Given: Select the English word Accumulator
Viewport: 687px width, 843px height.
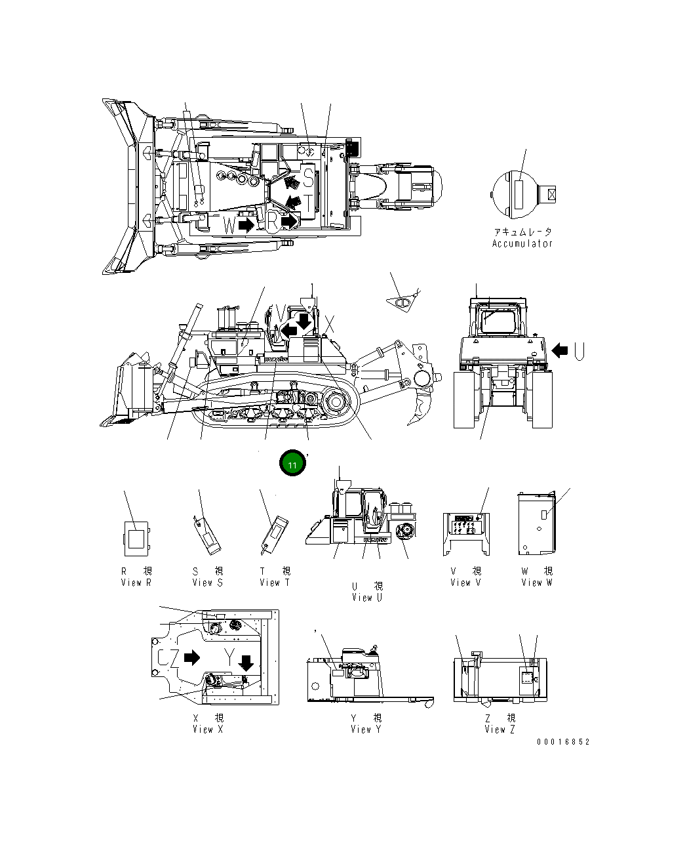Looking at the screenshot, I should point(522,243).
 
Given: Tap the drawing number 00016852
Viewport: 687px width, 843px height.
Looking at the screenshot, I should point(563,742).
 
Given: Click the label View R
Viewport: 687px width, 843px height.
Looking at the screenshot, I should point(136,583).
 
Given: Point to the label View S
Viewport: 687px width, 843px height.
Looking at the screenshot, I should point(208,583).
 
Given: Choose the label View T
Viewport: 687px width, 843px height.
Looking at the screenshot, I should point(275,583).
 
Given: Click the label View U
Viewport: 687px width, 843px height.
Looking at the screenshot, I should point(367,597).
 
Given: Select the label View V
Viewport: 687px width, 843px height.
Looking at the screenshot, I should point(465,583).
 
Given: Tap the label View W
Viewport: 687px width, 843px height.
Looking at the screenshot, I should point(537,583).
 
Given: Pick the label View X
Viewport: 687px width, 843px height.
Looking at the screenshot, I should point(208,729).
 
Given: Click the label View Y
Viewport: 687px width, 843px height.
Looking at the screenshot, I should point(366,729).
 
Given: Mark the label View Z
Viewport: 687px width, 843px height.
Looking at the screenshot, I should point(500,729).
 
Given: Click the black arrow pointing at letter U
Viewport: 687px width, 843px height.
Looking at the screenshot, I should point(560,350).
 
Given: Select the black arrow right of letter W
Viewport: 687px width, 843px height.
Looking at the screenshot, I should point(246,225).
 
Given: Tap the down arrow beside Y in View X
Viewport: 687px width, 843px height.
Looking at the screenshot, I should point(246,663).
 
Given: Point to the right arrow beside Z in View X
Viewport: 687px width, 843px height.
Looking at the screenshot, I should point(192,657).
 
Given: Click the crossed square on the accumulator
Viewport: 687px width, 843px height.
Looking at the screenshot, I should point(551,194).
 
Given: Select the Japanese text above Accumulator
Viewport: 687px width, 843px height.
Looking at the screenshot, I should point(522,232).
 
